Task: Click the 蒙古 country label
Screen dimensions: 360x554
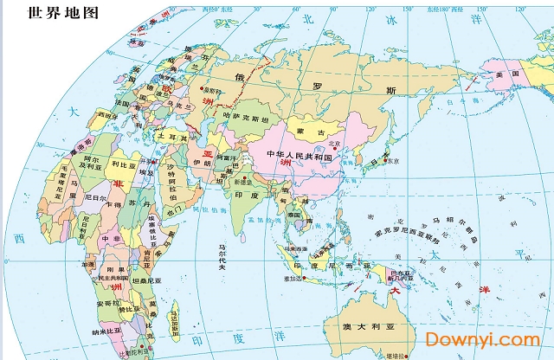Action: pyautogui.click(x=310, y=132)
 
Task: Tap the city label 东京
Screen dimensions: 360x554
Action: pyautogui.click(x=392, y=160)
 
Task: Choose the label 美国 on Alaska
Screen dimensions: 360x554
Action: pyautogui.click(x=506, y=74)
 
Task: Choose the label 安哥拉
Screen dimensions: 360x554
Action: pyautogui.click(x=108, y=304)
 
